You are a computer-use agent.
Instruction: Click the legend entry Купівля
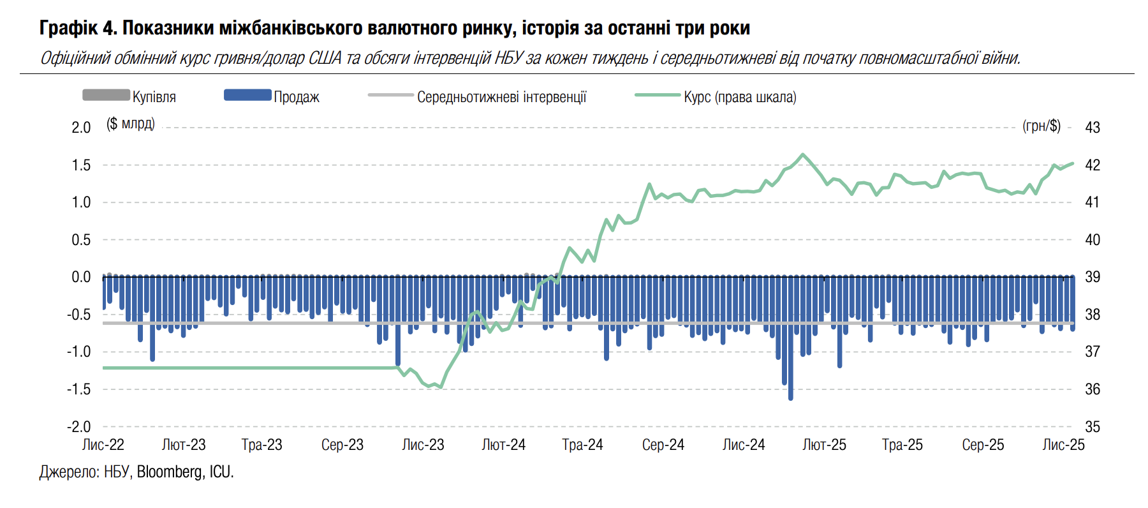[154, 97]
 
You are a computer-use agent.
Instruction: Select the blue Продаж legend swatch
[247, 95]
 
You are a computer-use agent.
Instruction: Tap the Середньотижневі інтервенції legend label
[501, 97]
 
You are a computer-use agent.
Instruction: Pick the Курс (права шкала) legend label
[740, 97]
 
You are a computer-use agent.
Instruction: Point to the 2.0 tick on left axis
[81, 128]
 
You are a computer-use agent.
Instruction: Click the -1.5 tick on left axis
[79, 389]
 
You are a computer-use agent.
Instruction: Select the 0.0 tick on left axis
[81, 277]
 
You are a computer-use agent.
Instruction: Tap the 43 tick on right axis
[1093, 128]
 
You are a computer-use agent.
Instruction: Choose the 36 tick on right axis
[1093, 389]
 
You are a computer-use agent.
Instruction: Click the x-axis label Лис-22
[103, 445]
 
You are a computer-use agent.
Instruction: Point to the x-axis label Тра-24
[582, 445]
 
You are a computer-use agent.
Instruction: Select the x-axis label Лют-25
[824, 445]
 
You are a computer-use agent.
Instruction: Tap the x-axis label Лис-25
[1063, 445]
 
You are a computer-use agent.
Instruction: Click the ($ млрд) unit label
[131, 124]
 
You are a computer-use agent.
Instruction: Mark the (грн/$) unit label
[1041, 126]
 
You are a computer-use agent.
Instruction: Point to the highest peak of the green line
[803, 154]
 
